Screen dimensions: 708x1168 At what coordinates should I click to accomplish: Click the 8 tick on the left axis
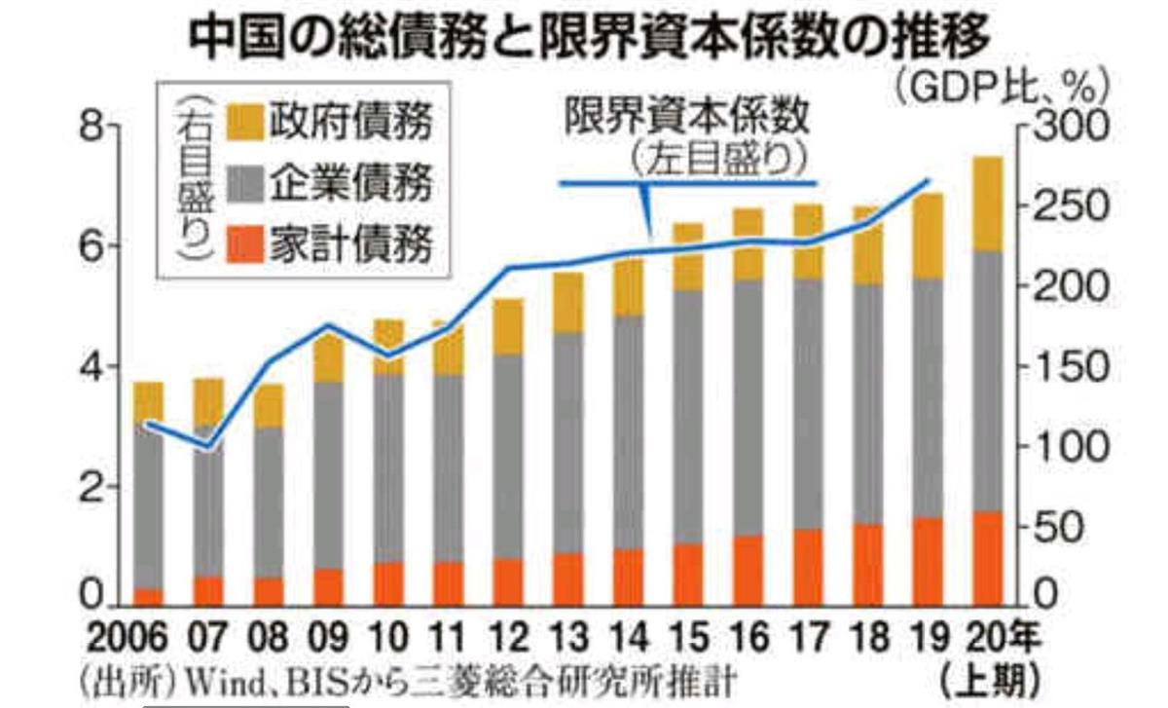91,128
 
